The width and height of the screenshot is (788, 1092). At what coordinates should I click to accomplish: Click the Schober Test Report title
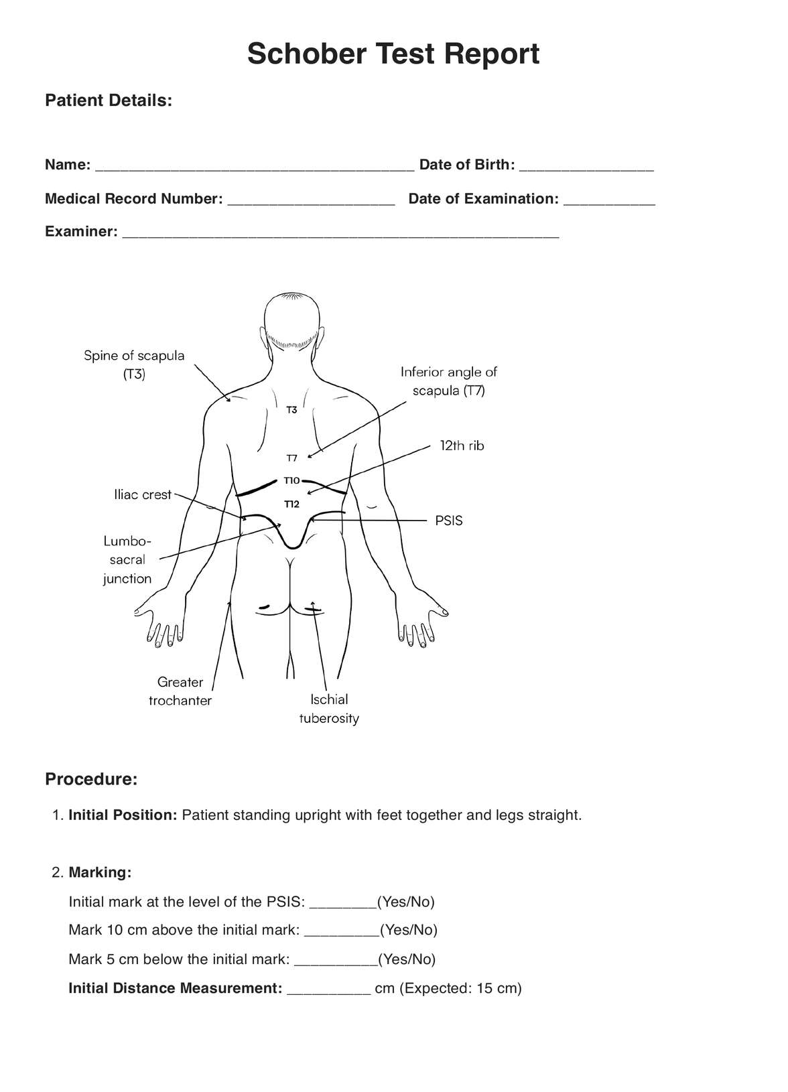click(393, 54)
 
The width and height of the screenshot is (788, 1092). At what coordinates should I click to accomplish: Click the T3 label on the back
click(291, 409)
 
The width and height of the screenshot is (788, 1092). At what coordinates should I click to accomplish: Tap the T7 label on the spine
click(291, 458)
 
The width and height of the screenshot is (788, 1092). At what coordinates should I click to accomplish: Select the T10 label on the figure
click(291, 480)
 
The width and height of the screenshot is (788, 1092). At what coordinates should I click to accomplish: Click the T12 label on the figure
click(291, 504)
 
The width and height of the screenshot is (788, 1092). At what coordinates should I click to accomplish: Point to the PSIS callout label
click(448, 521)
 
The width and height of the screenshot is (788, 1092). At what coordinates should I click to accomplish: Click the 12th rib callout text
click(462, 446)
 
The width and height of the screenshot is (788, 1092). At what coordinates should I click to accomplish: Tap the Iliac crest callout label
click(143, 494)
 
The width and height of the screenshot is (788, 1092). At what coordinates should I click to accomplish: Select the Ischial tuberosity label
click(329, 709)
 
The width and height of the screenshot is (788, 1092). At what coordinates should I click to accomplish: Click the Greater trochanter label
click(180, 691)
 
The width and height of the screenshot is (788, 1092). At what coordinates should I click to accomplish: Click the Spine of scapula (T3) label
click(134, 364)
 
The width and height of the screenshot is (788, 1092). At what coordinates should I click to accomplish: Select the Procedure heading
click(91, 779)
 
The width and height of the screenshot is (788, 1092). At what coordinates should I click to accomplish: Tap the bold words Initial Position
click(123, 815)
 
